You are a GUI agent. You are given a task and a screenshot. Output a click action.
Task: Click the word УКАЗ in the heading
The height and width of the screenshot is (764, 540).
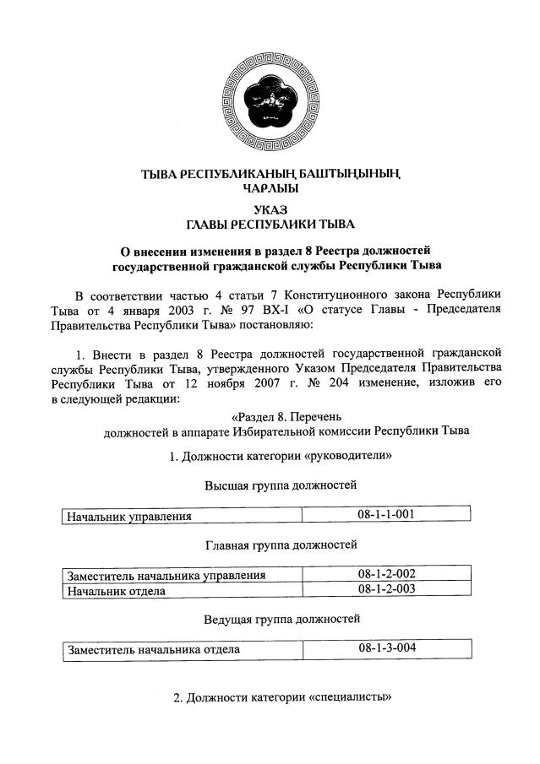[270, 209]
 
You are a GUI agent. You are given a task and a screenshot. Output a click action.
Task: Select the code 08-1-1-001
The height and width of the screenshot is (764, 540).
[386, 514]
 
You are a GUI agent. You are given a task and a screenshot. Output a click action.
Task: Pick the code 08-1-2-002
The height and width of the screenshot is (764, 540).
[386, 575]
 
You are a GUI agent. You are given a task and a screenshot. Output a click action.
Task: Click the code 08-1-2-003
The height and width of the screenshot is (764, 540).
[386, 589]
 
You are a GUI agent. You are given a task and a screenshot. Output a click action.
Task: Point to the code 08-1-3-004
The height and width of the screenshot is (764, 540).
[386, 648]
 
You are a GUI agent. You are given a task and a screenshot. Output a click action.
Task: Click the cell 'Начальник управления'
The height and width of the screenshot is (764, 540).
[130, 516]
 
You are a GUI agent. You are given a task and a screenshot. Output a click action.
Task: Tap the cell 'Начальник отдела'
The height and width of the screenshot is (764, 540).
[117, 590]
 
